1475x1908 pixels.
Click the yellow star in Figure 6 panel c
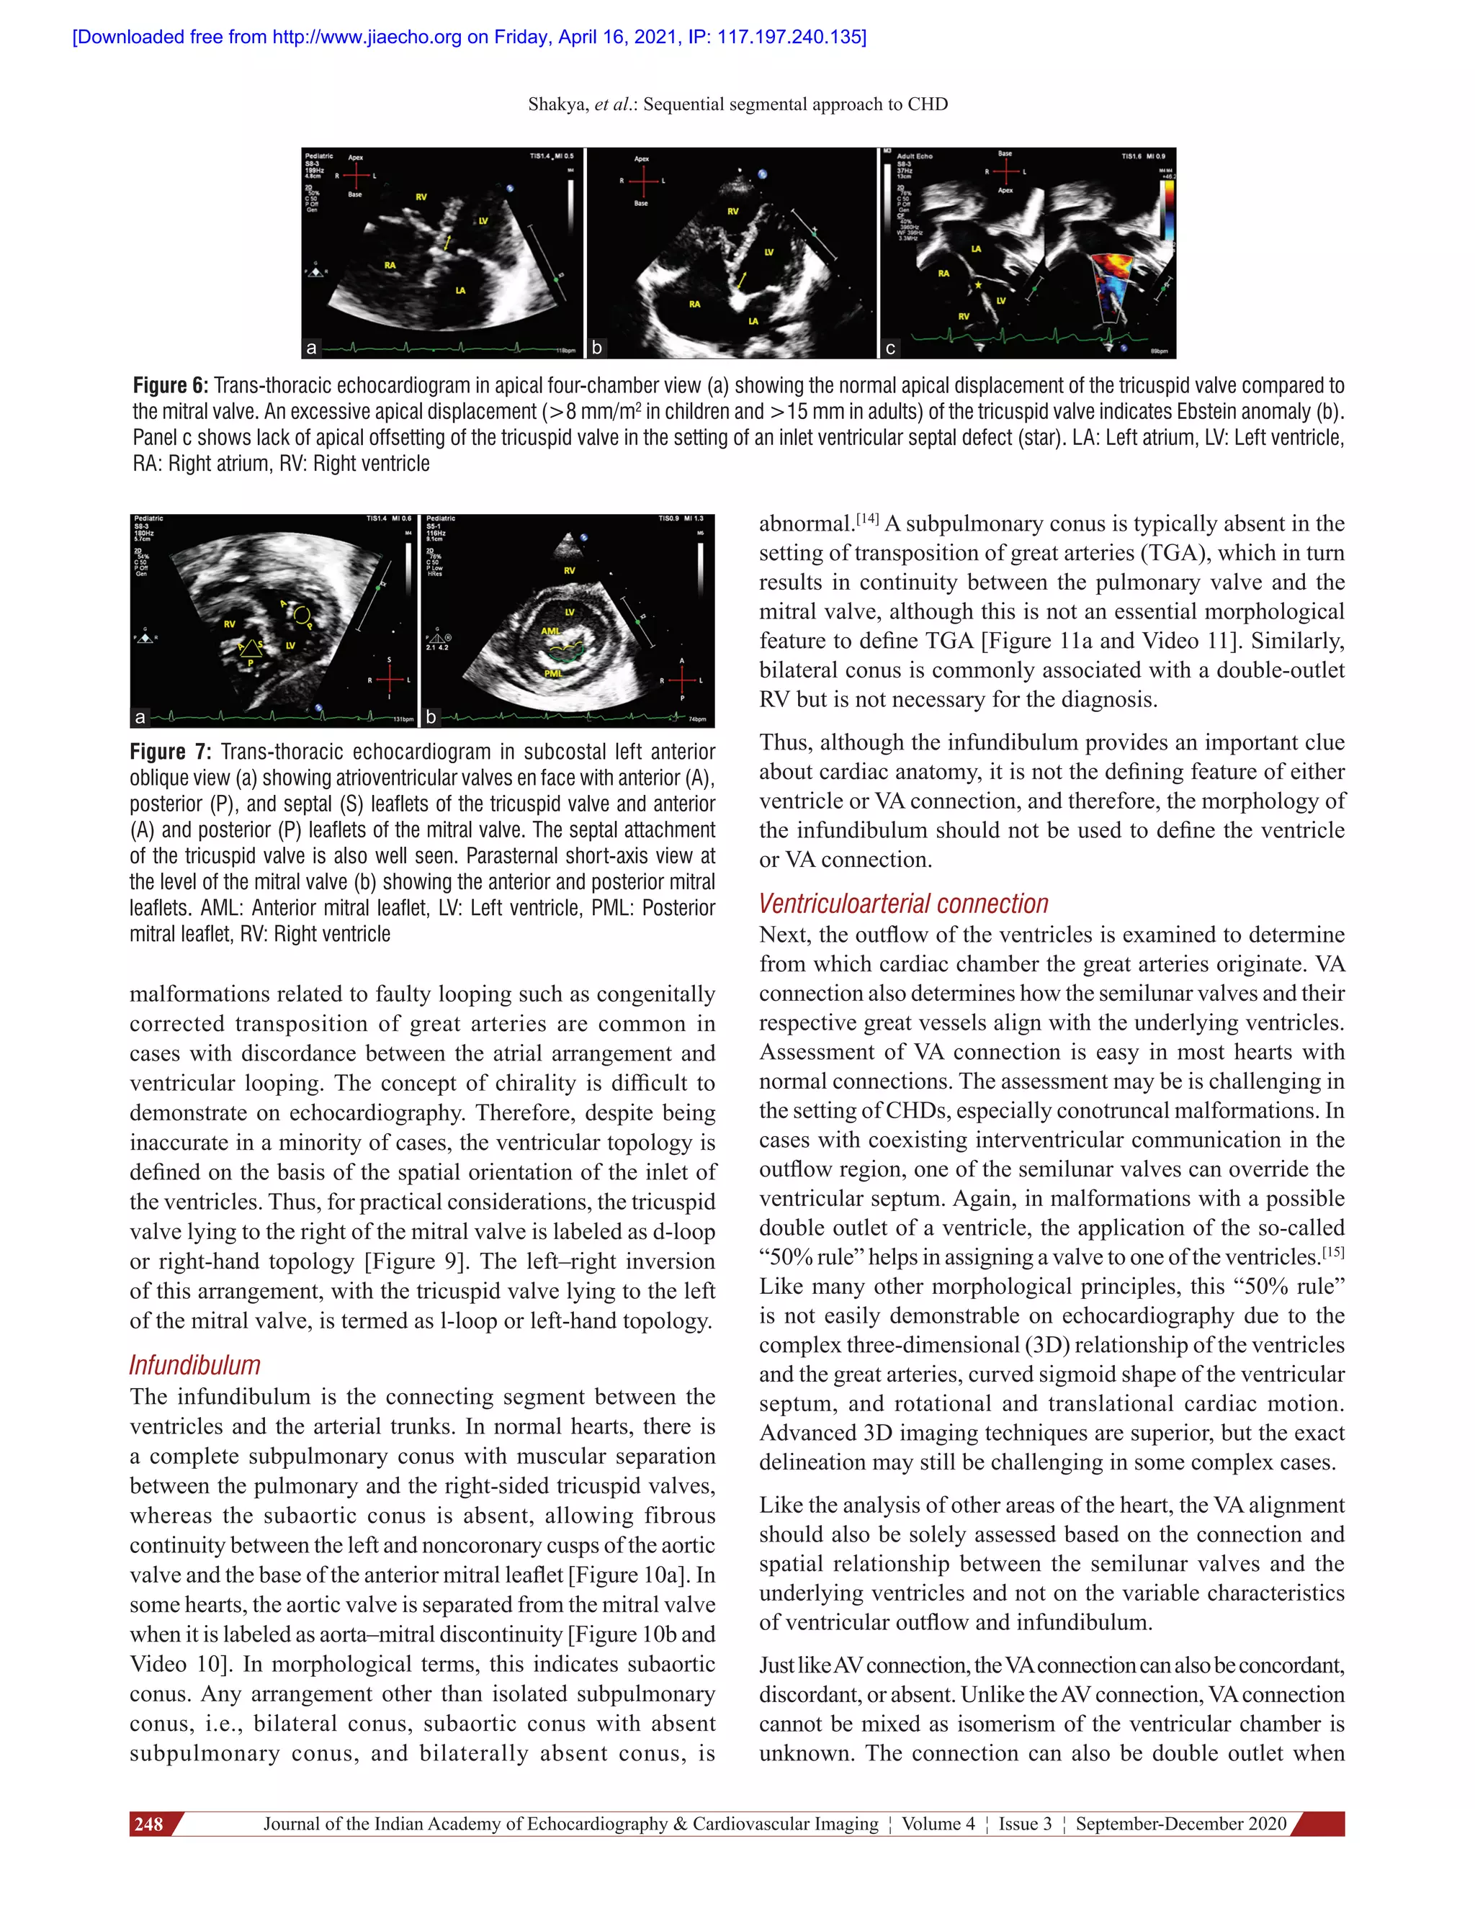(978, 285)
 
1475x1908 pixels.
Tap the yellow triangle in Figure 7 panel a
(251, 647)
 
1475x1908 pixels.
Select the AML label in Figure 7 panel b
(550, 631)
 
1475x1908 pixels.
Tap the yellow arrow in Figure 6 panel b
(741, 279)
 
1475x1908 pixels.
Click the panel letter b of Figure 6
(597, 348)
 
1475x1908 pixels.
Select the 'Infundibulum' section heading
(195, 1365)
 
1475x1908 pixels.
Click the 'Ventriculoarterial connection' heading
(904, 904)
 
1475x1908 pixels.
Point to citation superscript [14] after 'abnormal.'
(867, 519)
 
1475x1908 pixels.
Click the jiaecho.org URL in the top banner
(367, 37)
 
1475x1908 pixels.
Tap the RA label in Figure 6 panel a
(390, 265)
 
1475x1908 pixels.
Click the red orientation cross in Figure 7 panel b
(683, 680)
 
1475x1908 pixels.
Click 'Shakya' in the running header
(557, 105)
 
